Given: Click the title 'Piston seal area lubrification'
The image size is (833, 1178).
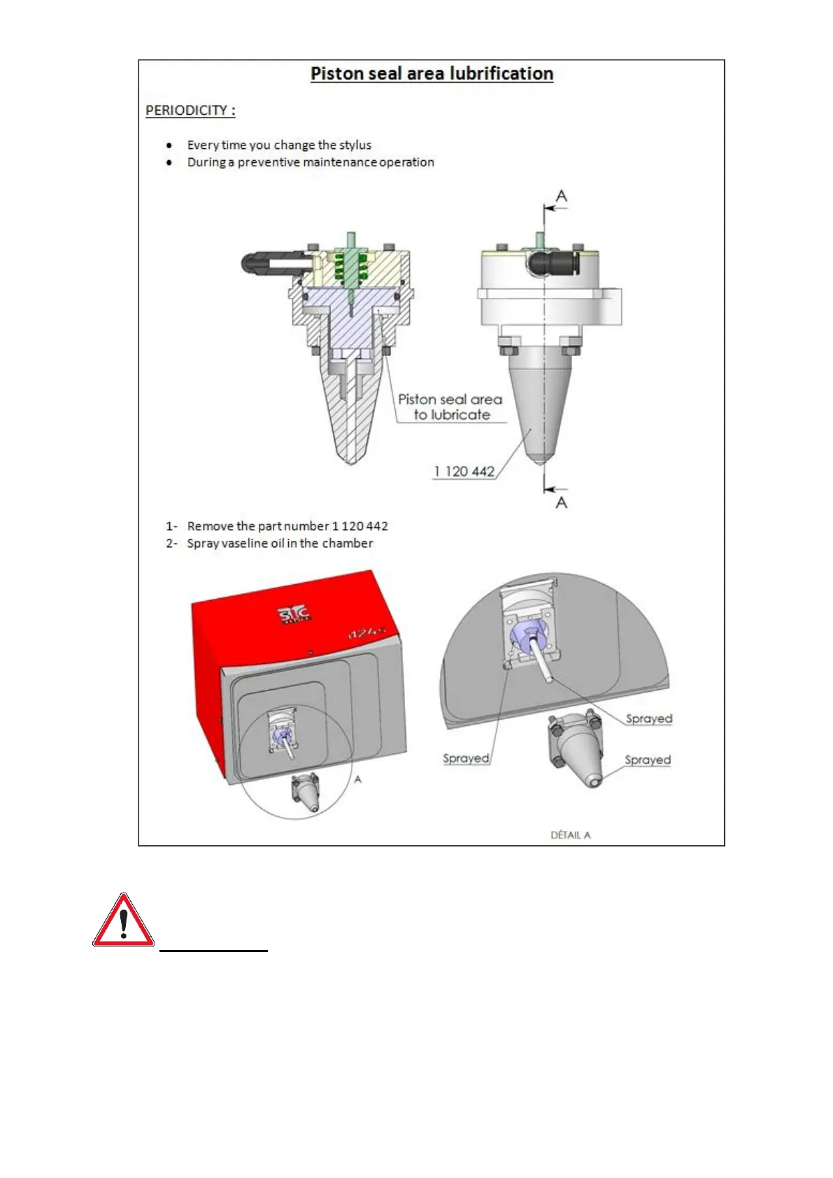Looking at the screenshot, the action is coord(432,74).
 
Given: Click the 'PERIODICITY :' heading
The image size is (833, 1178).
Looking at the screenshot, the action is coord(190,111).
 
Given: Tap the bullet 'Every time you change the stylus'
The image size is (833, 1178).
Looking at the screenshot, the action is coord(279,145).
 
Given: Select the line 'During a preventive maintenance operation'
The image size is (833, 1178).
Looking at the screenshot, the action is coord(311,162).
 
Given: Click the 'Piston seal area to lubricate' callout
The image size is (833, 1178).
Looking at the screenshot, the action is coord(450,407).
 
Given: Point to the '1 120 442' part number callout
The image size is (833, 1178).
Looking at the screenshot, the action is coord(464,471).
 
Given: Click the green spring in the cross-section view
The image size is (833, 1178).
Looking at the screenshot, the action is coord(350,266).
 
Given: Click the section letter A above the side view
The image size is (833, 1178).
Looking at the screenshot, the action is coord(561,197).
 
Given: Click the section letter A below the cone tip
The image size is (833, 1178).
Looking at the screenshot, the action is coord(561,502).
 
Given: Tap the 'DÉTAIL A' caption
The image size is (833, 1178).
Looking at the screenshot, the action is coord(571,835).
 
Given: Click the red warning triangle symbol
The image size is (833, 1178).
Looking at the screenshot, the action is coord(123,921).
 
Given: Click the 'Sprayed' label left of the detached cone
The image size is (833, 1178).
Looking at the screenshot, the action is coord(466,758).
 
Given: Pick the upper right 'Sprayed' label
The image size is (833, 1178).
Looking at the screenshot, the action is coord(648,718).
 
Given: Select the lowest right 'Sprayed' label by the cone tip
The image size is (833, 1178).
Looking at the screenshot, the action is coord(647,760).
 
